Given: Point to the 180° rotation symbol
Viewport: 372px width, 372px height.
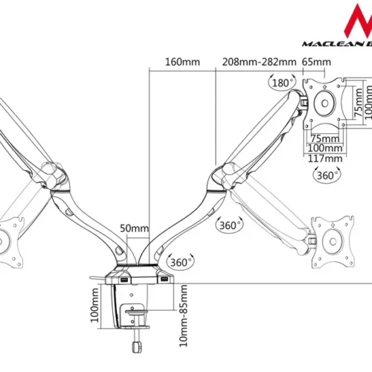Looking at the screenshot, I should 283,83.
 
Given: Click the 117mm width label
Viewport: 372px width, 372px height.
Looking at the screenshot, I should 325,158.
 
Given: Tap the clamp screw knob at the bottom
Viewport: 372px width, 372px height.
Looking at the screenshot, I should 136,346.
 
